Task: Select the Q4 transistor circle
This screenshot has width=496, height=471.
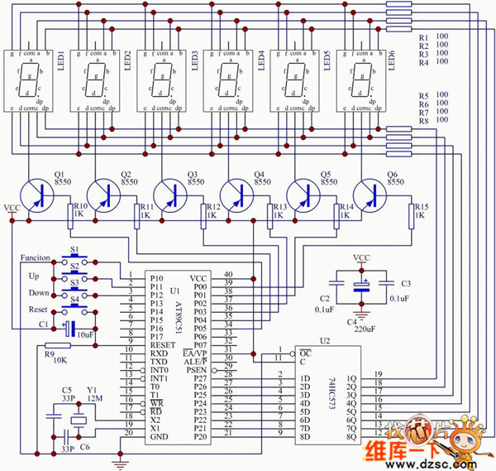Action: tap(238, 194)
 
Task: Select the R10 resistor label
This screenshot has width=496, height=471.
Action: tap(80, 210)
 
